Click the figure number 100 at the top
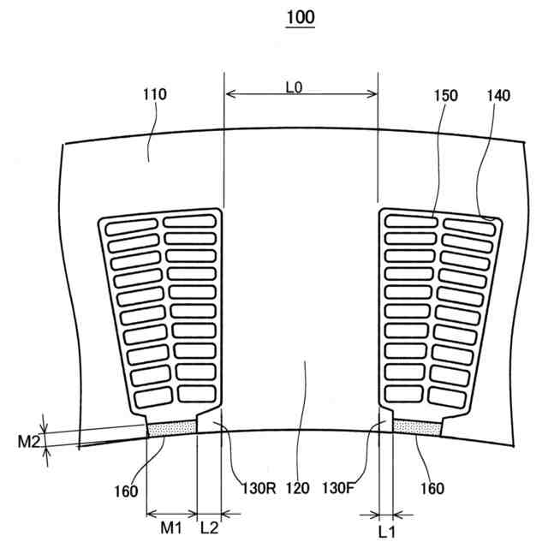click(301, 17)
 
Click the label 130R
click(256, 489)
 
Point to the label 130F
click(338, 489)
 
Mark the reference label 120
click(297, 489)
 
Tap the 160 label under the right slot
click(432, 489)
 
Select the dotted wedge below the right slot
click(417, 426)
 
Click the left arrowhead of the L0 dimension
click(228, 94)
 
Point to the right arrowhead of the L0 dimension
click(373, 94)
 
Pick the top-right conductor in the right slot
click(469, 223)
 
